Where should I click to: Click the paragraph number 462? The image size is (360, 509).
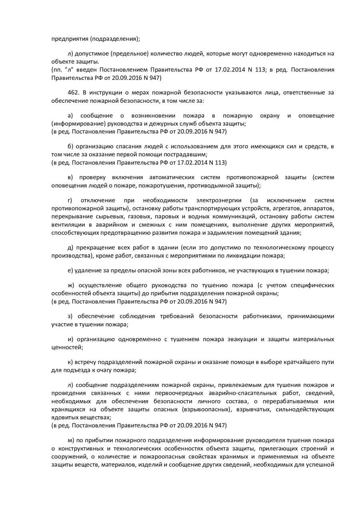73,92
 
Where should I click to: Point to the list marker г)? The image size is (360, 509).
70,200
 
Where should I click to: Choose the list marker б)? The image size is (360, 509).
70,146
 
